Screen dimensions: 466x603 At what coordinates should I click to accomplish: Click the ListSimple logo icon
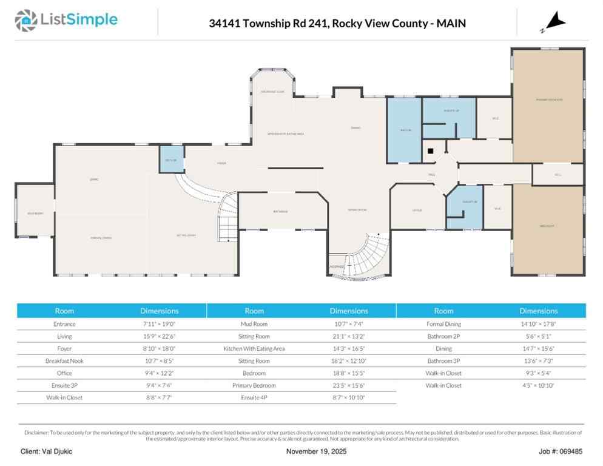[25, 20]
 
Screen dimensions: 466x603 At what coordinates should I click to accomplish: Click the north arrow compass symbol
[553, 24]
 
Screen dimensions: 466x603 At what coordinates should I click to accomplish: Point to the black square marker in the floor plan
[430, 150]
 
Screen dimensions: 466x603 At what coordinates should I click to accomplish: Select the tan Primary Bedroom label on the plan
[548, 99]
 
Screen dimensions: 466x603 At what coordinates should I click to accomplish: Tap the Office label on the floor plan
[417, 210]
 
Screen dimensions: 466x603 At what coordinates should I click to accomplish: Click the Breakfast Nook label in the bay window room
[272, 92]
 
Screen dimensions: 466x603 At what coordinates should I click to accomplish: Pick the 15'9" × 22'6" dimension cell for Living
[159, 336]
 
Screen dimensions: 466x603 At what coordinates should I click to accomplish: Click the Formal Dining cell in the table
[443, 324]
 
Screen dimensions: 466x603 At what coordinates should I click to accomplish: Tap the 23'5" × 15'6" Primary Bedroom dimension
[349, 385]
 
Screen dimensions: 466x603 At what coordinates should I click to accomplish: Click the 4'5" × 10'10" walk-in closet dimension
[538, 385]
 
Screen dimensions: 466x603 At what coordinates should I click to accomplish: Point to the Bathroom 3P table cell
[443, 360]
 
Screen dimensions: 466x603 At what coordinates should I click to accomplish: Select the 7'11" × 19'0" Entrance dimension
[159, 324]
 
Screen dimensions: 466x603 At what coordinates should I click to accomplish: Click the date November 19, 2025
[316, 451]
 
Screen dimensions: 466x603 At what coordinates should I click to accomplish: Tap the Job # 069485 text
[561, 451]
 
